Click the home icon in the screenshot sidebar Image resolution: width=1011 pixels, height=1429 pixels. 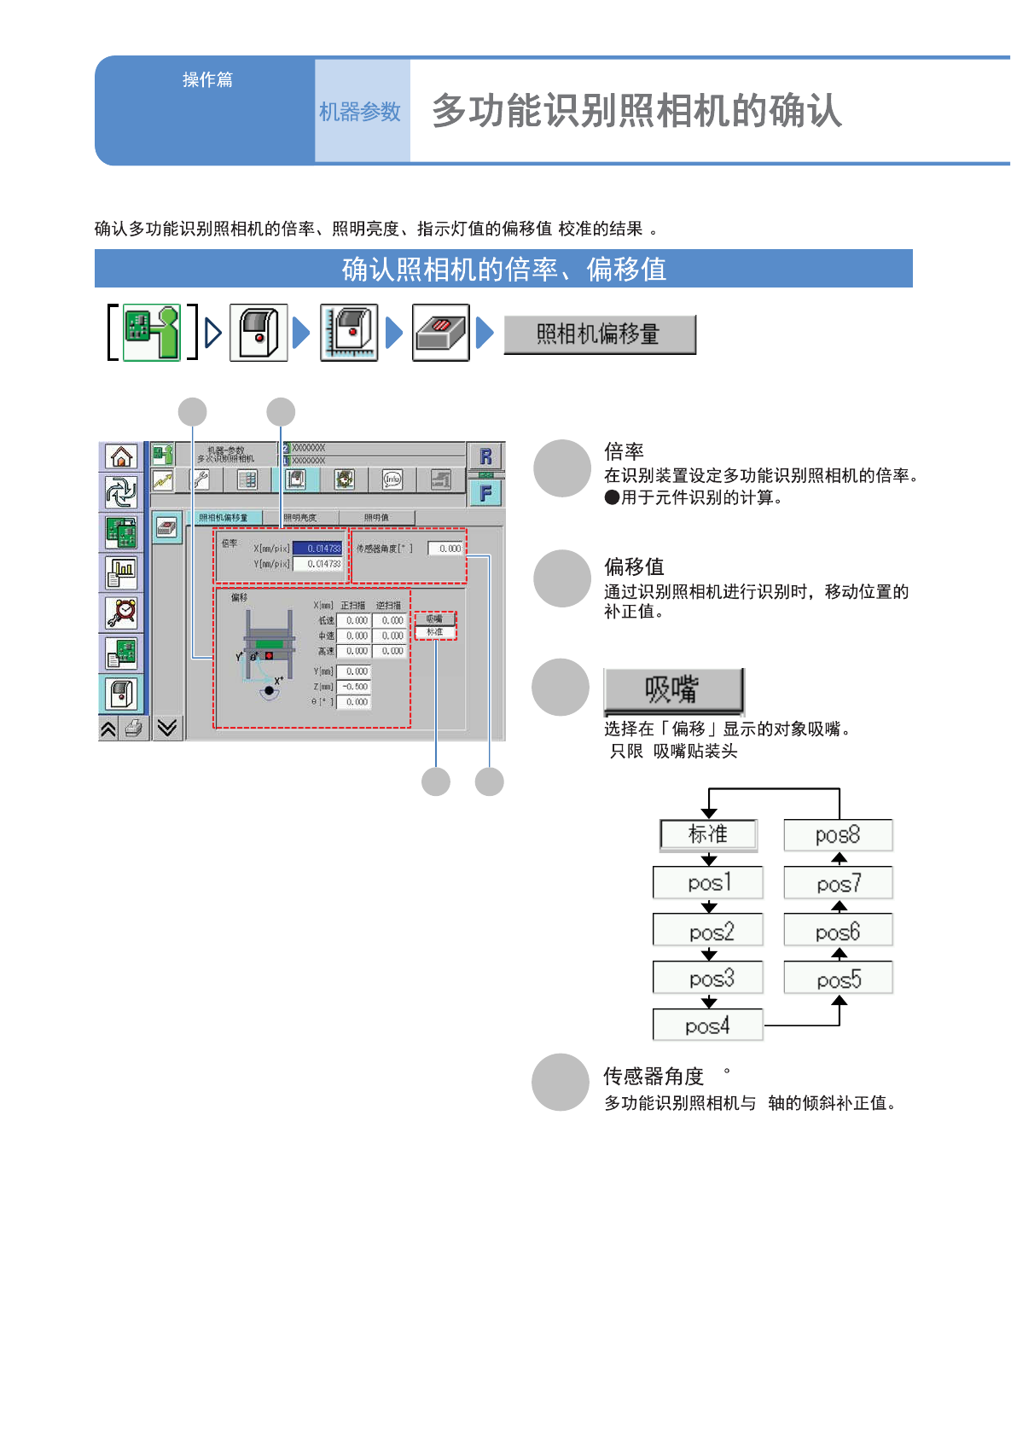(121, 456)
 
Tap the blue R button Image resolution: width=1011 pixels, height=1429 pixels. (485, 456)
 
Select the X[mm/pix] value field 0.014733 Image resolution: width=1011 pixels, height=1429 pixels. (317, 549)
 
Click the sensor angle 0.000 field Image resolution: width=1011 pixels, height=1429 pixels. (446, 549)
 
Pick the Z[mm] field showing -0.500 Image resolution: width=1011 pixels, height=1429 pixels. (354, 687)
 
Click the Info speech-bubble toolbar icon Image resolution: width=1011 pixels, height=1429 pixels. (392, 479)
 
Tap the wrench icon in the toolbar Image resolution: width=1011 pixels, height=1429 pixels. (200, 479)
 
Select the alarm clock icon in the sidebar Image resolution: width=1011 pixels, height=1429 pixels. (121, 613)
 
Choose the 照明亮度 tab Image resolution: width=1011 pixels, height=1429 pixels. (300, 518)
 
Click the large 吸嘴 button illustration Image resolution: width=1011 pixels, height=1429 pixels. (673, 690)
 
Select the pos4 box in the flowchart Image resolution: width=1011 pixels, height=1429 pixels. (707, 1025)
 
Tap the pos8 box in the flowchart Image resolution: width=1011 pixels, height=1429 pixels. (838, 835)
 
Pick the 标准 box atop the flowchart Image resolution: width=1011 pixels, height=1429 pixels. (708, 834)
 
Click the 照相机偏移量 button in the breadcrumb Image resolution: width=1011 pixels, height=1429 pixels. (599, 334)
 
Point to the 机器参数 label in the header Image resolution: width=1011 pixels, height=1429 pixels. (360, 112)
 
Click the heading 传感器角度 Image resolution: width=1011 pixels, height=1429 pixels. (654, 1076)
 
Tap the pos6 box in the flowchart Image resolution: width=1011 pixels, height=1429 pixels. (838, 932)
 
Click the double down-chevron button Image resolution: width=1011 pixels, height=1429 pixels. (167, 728)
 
